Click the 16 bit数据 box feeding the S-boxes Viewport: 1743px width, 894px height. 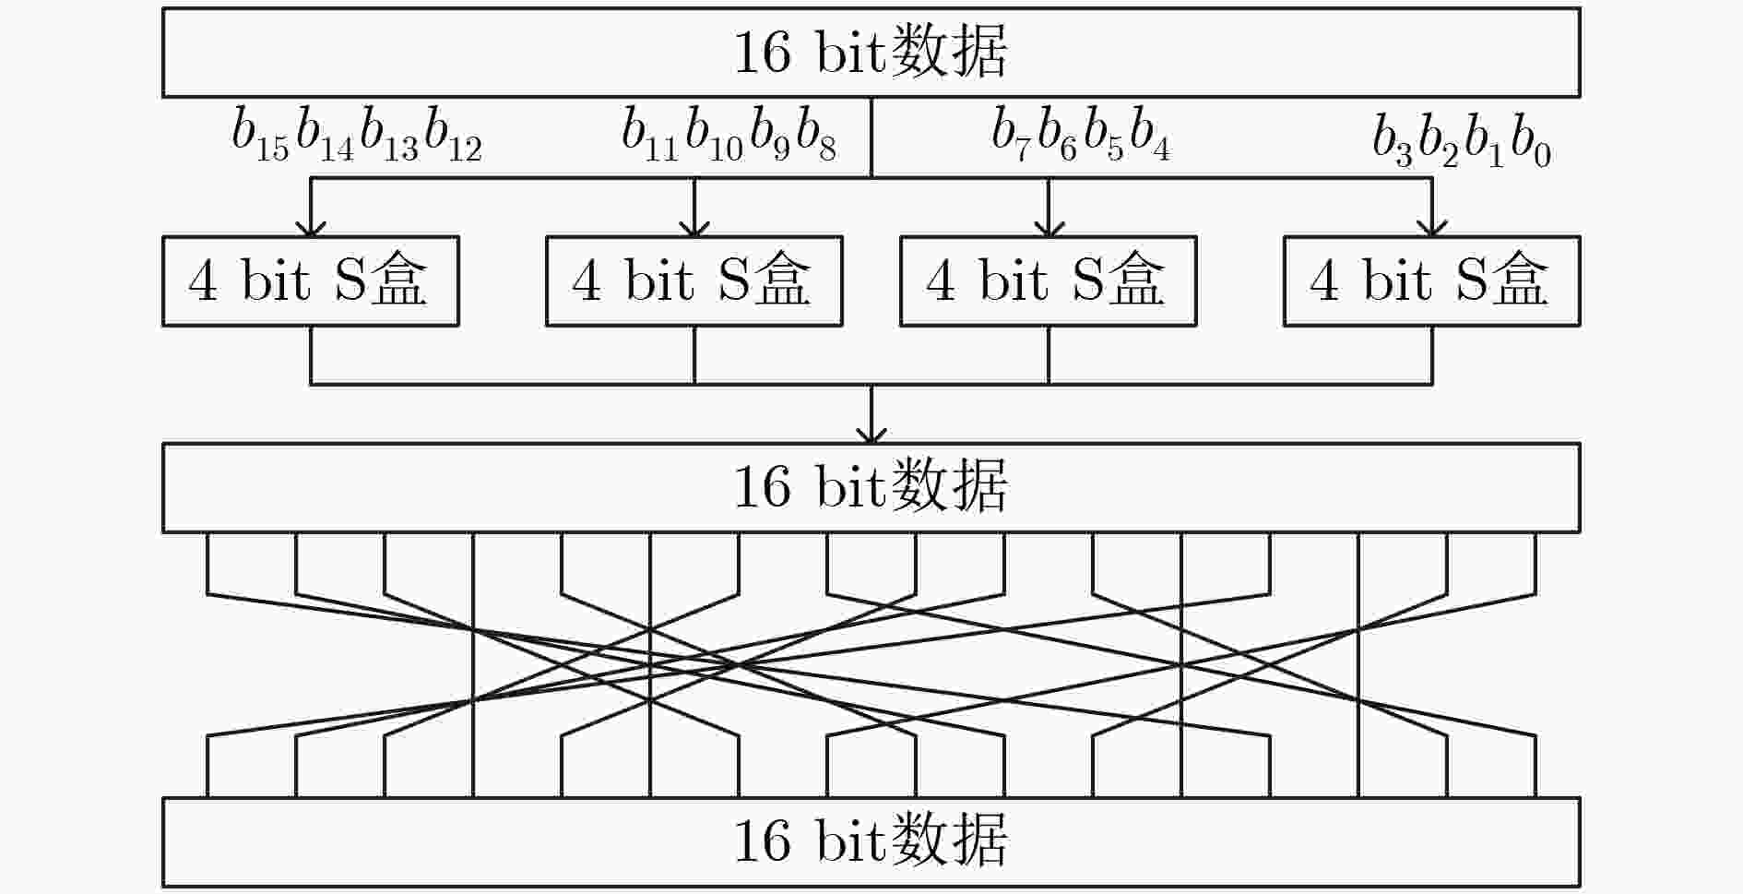point(871,53)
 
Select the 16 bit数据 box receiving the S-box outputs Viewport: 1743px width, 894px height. point(871,488)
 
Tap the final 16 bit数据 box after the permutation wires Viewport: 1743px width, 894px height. point(871,841)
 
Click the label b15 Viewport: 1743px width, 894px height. point(261,135)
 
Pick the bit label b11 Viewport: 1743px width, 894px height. point(650,135)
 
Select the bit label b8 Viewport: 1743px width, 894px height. point(816,135)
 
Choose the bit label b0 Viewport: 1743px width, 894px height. point(1532,140)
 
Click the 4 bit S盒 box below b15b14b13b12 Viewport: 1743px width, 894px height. point(311,281)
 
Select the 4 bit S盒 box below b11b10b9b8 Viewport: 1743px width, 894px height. point(694,281)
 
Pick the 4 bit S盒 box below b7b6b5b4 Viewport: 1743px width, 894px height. point(1049,281)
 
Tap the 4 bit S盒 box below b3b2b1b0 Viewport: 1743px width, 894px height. point(1432,281)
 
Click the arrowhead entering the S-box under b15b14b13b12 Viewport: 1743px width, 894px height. point(311,229)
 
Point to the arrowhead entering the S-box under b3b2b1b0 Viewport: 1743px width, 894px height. point(1432,229)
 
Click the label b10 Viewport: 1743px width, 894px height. point(715,135)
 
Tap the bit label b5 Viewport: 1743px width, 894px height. point(1104,135)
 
